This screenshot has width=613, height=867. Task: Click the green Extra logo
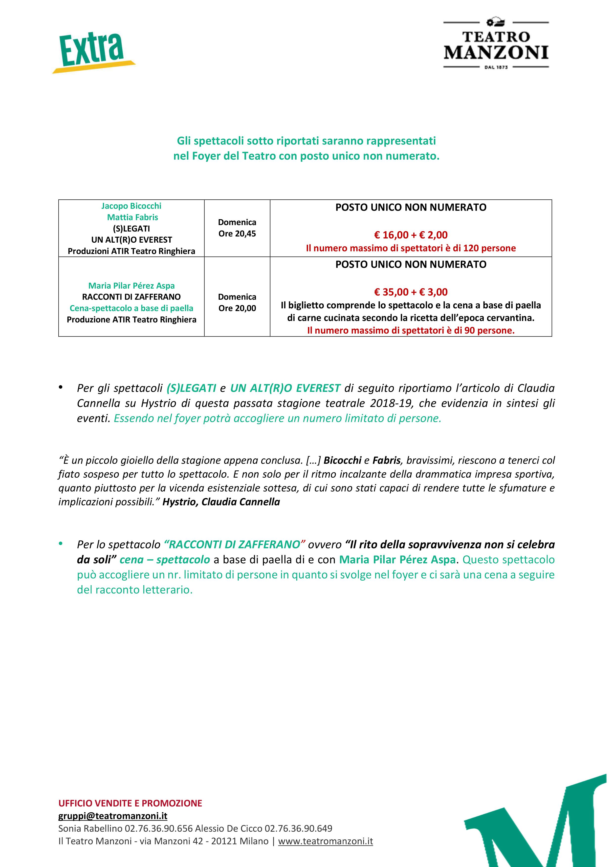pyautogui.click(x=93, y=52)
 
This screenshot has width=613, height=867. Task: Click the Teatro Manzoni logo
pyautogui.click(x=496, y=44)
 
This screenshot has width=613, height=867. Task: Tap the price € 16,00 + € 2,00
pyautogui.click(x=411, y=235)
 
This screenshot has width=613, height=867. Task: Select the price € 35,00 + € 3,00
pyautogui.click(x=411, y=292)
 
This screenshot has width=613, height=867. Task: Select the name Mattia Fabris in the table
pyautogui.click(x=132, y=217)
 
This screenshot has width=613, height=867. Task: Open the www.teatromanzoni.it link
pyautogui.click(x=325, y=841)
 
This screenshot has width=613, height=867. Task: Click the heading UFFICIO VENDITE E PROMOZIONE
pyautogui.click(x=130, y=803)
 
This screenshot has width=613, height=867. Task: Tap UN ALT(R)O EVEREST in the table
pyautogui.click(x=131, y=240)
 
